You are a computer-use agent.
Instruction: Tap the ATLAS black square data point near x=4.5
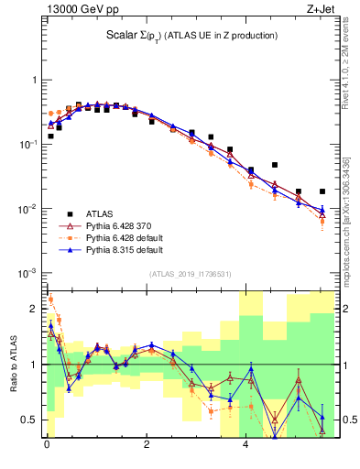click(x=275, y=165)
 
